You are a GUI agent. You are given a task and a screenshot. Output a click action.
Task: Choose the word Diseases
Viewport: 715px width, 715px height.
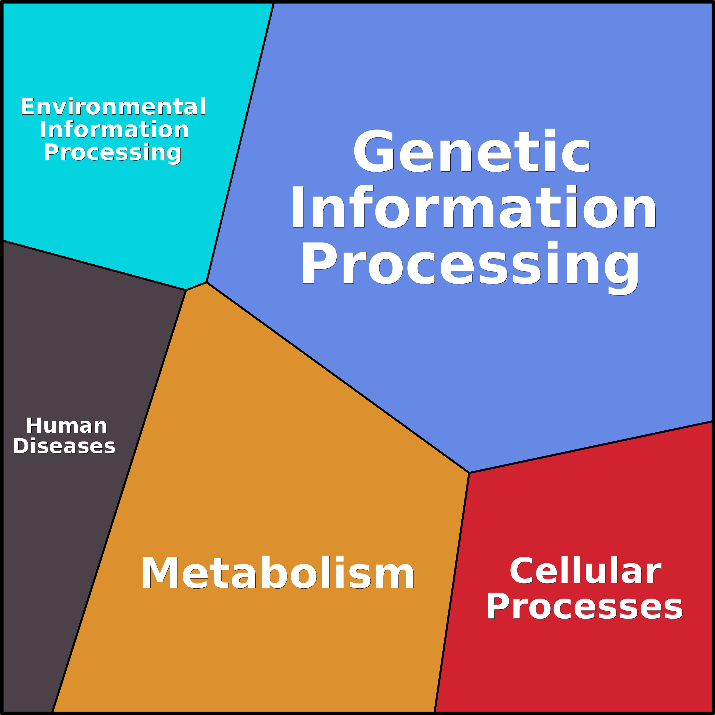(64, 446)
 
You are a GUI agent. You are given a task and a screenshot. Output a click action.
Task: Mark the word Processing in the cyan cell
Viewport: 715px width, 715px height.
(112, 153)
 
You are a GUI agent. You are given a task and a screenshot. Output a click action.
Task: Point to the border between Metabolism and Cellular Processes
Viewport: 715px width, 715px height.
(452, 593)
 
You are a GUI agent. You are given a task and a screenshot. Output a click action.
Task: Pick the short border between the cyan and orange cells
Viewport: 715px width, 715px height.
(196, 286)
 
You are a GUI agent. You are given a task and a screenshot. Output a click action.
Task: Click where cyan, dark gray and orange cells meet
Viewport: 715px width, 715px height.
(186, 290)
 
